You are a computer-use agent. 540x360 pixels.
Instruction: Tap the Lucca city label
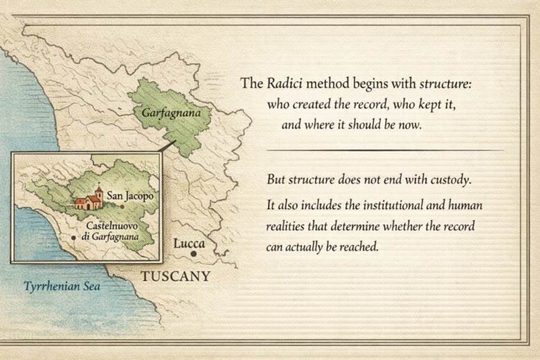coord(188,244)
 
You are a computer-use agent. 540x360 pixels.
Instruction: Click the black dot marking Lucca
coord(195,255)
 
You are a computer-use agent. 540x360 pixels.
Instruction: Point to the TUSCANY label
coord(176,277)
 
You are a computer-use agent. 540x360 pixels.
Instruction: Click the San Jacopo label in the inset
coord(129,197)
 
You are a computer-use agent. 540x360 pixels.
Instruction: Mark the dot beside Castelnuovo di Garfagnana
coord(73,237)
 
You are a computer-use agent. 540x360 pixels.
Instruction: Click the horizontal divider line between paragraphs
coord(385,150)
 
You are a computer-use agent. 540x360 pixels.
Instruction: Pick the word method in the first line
coord(330,84)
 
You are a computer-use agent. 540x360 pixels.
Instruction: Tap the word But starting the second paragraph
coord(276,179)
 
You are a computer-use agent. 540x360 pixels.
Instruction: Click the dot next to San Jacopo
coord(123,206)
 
